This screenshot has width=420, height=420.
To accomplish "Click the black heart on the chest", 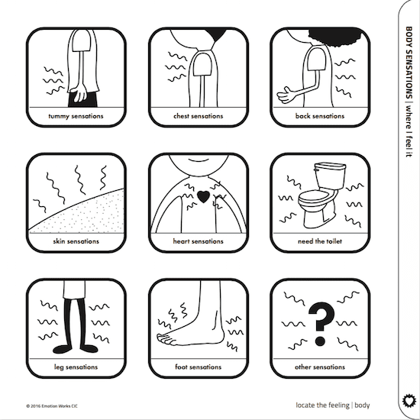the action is (203, 196).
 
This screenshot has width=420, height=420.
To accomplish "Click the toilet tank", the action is (330, 176).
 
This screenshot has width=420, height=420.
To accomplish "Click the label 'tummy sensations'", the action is (76, 116).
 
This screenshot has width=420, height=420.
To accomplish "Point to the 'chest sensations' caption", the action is (199, 116).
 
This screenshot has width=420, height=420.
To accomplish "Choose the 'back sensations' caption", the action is (320, 116).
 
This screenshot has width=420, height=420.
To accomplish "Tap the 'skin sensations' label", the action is (76, 241).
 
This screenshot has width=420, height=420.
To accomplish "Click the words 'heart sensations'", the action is (198, 241).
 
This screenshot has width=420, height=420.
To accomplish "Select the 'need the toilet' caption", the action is (320, 241).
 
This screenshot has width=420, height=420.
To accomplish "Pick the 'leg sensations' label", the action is (76, 367).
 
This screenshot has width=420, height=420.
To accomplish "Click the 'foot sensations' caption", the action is (199, 367).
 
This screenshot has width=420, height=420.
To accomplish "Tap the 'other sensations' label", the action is (320, 367).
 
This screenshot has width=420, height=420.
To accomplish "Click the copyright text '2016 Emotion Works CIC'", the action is (54, 406).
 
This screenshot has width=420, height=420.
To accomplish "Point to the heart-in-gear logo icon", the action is (409, 401).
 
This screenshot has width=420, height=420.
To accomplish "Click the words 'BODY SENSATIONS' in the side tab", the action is (409, 63).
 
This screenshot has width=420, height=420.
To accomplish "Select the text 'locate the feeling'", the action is (322, 405).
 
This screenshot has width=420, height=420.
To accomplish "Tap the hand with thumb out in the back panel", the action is (286, 95).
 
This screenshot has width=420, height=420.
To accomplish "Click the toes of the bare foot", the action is (165, 338).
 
